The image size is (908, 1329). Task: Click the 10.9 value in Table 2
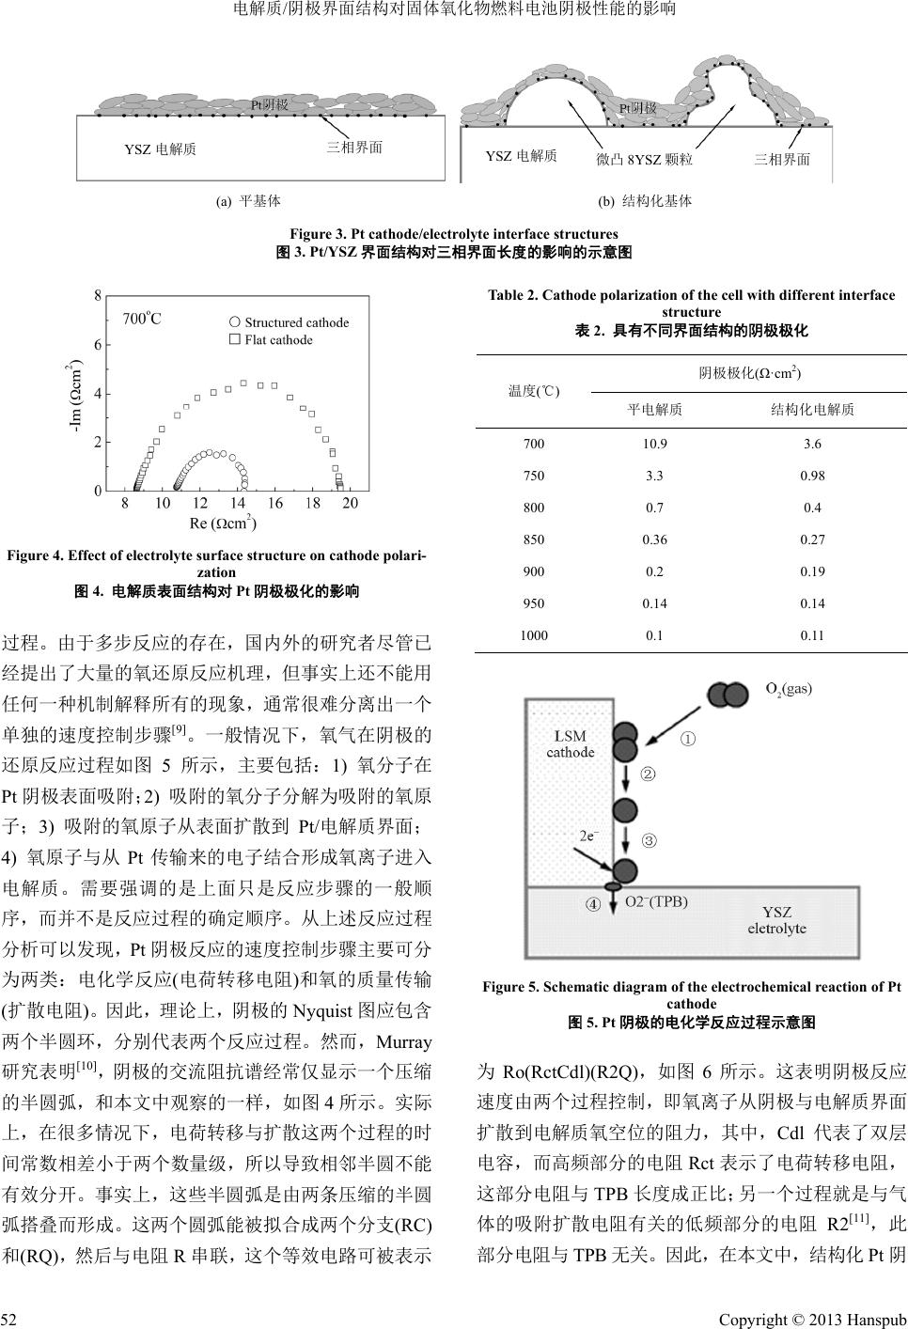click(654, 445)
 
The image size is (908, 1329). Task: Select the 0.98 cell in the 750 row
click(812, 477)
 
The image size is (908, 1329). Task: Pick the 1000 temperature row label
click(534, 635)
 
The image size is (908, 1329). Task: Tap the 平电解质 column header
click(654, 410)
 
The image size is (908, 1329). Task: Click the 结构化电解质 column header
click(812, 410)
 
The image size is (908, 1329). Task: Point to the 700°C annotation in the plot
click(142, 319)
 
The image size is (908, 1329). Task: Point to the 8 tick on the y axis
click(98, 295)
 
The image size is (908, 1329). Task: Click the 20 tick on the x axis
click(350, 505)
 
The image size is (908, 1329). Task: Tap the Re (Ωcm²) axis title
click(223, 523)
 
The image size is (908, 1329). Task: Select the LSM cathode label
click(571, 744)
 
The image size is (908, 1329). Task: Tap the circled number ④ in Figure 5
click(593, 905)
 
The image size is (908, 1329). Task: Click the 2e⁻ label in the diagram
click(588, 834)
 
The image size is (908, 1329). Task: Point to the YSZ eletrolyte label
click(776, 919)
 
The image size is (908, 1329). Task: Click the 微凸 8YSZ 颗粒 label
click(644, 160)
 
